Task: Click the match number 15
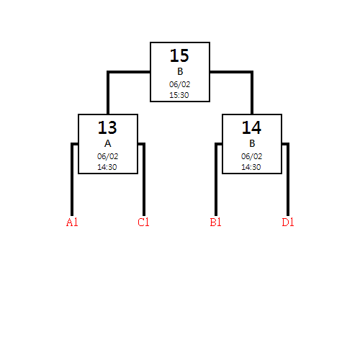pos(179,55)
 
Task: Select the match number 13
pos(107,127)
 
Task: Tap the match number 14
pos(251,127)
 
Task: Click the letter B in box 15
pos(180,71)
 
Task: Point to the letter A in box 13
pos(108,143)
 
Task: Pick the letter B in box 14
pos(252,143)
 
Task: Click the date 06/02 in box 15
pos(179,84)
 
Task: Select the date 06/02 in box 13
pos(107,156)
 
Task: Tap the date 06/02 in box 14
pos(251,156)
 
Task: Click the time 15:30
pos(179,95)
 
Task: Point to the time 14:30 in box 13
pos(107,167)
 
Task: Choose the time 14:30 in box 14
pos(251,167)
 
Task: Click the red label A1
pos(72,222)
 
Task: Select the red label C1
pos(143,222)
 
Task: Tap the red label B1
pos(215,222)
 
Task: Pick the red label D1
pos(288,222)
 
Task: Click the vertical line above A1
pos(72,179)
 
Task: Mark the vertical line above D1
pos(288,179)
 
